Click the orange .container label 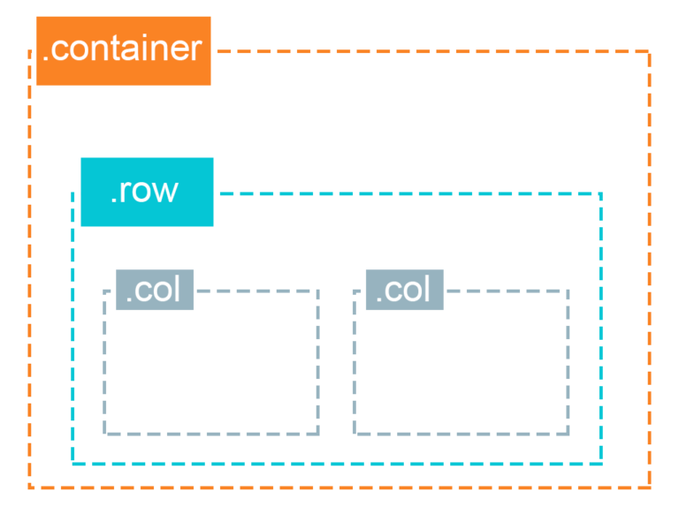(123, 50)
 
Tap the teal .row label (147, 192)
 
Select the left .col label (155, 290)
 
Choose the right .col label (404, 290)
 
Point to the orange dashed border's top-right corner (649, 52)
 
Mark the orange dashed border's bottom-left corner (30, 487)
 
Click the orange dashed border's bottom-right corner (649, 487)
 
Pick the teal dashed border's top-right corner (600, 193)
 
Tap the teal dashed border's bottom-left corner (73, 463)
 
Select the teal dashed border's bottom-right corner (600, 463)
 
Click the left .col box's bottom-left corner (105, 434)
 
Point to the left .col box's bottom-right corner (317, 434)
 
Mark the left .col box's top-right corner (317, 291)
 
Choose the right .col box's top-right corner (568, 291)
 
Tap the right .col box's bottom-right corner (568, 434)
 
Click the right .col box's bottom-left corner (355, 434)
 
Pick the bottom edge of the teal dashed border (337, 463)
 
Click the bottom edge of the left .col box (211, 434)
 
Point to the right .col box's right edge (568, 362)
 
